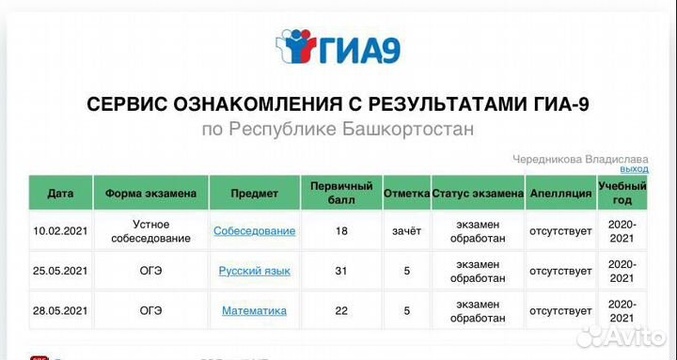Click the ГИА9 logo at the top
coord(338,47)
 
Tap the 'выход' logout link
coord(634,169)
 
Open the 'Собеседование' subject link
coord(254,230)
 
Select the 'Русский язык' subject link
coord(254,271)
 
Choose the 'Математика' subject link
coord(254,310)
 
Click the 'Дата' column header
coord(60,193)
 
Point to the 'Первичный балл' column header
coord(342,193)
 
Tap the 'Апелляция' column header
coord(560,193)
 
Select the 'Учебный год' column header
coord(622,193)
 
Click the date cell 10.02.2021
coord(60,230)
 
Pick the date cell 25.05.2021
coord(60,271)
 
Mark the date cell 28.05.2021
coord(60,310)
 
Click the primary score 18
coord(342,230)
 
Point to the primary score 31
coord(342,271)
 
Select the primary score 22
coord(342,310)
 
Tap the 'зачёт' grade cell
coord(407,230)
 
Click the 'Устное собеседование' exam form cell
coord(150,230)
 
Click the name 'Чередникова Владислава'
coord(580,158)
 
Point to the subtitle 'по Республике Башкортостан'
coord(338,129)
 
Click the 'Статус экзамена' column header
coord(478,193)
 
